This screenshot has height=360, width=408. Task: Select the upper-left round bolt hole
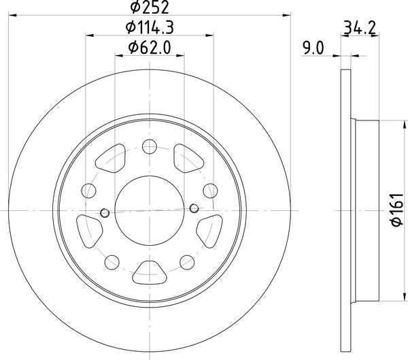[89, 191]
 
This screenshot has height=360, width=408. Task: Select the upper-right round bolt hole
[211, 191]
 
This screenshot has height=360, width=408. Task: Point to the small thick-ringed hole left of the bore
[105, 213]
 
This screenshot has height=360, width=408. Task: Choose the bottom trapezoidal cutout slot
[150, 273]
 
